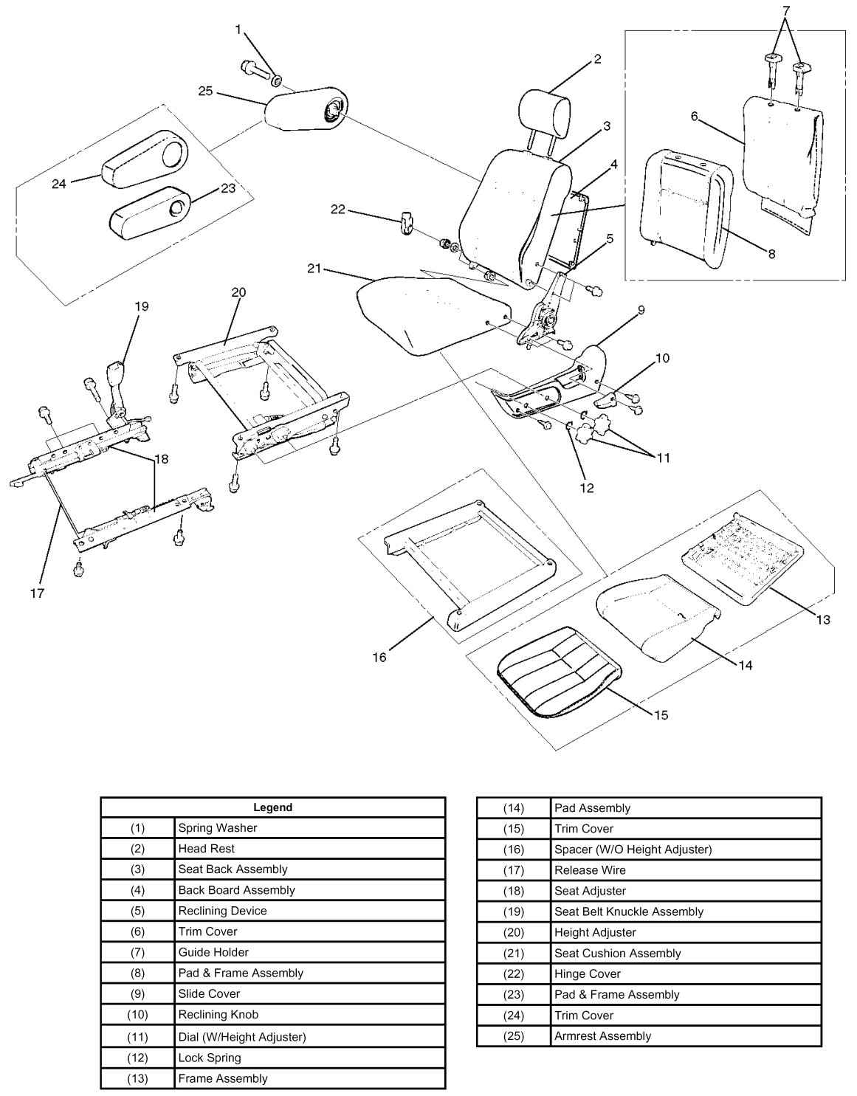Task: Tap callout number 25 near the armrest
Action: pyautogui.click(x=205, y=91)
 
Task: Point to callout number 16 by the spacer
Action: pyautogui.click(x=379, y=657)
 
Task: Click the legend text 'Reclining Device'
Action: pyautogui.click(x=222, y=911)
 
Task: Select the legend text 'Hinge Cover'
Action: pyautogui.click(x=588, y=973)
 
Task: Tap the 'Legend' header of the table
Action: pyautogui.click(x=272, y=807)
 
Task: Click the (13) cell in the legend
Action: pyautogui.click(x=137, y=1078)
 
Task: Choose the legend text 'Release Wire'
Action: pyautogui.click(x=590, y=870)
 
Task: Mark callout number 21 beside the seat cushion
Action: pyautogui.click(x=314, y=269)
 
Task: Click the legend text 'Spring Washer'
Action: pyautogui.click(x=217, y=828)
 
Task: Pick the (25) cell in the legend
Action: pyautogui.click(x=513, y=1035)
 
